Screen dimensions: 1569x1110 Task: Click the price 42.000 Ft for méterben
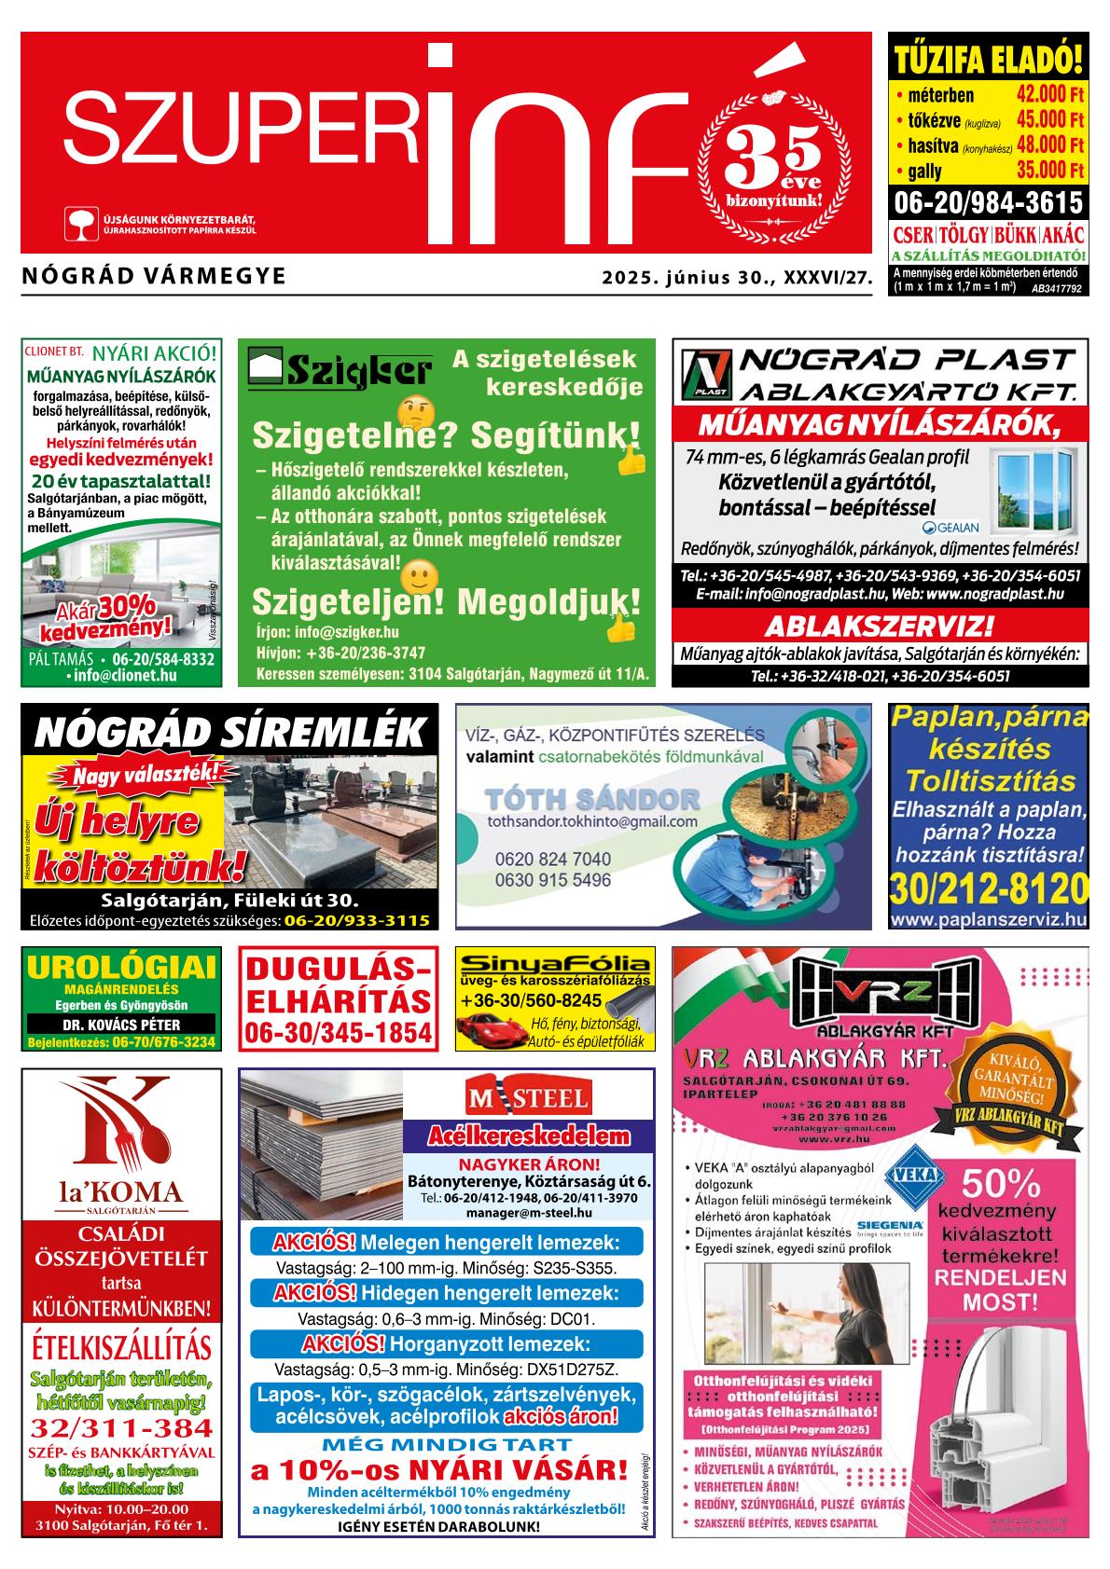[1049, 95]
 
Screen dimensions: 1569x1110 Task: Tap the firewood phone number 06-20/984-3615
[989, 202]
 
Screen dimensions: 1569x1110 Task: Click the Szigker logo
[340, 370]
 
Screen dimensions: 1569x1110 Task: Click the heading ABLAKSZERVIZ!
[879, 625]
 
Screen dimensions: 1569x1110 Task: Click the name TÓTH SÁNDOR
[592, 799]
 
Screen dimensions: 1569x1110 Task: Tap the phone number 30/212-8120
[989, 888]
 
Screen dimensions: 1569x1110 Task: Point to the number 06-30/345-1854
[339, 1033]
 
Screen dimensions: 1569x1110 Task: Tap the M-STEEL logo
[528, 1097]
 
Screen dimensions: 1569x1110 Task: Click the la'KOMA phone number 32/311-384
[121, 1428]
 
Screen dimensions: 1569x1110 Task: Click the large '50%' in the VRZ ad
[1001, 1184]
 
